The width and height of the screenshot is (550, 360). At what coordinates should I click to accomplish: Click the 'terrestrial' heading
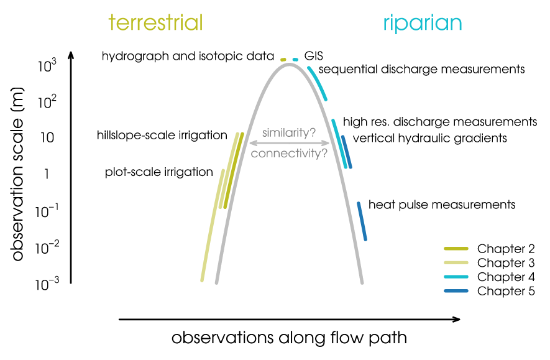[x=155, y=23]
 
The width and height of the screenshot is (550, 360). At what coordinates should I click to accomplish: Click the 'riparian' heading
[x=422, y=23]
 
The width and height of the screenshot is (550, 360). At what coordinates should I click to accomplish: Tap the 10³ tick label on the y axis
[x=48, y=65]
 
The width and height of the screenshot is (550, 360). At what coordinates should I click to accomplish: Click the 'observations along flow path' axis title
[x=289, y=338]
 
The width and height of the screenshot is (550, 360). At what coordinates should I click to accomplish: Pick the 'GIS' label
[x=313, y=56]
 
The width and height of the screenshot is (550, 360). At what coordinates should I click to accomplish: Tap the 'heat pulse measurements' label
[x=442, y=204]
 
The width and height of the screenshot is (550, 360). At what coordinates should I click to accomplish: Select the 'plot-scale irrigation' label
[x=159, y=172]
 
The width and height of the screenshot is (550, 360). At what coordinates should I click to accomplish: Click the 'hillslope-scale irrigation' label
[x=162, y=135]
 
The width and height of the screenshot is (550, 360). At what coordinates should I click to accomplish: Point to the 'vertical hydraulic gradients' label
[x=429, y=138]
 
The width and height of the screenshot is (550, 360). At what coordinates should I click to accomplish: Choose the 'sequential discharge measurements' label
[x=422, y=69]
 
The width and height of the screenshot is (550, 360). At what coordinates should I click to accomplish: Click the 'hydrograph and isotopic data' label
[x=188, y=56]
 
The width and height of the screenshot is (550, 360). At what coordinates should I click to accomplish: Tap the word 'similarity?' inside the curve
[x=289, y=132]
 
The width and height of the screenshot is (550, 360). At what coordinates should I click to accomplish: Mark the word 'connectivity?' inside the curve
[x=289, y=153]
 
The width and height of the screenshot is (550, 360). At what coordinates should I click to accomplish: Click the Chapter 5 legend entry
[x=490, y=291]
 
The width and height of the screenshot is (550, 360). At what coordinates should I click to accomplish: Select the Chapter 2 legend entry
[x=490, y=248]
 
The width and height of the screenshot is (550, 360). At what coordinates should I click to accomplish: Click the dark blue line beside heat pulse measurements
[x=362, y=221]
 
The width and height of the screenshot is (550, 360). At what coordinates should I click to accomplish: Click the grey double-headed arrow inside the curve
[x=289, y=143]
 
